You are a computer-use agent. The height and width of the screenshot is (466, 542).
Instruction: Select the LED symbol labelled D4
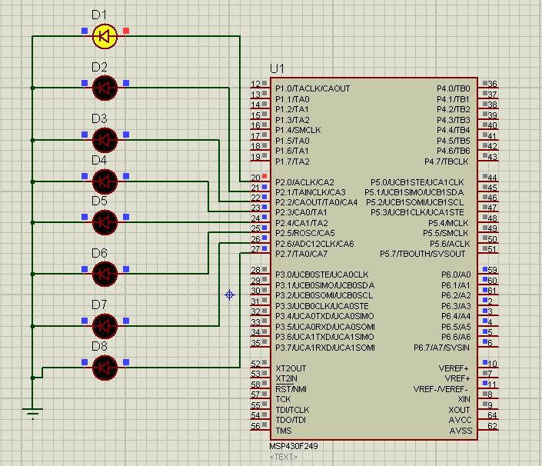tap(105, 181)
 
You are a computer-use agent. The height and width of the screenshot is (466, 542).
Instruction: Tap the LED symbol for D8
tap(105, 368)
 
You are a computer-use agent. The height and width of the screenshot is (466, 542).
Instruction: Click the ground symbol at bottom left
tap(32, 412)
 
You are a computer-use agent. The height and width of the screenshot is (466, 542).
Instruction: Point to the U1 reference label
tap(278, 69)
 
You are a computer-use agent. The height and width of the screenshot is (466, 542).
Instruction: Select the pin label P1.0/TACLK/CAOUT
tap(312, 88)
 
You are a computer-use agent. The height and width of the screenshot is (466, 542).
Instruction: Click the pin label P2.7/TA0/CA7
tap(301, 254)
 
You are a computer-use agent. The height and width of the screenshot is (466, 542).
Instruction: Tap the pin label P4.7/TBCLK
tap(447, 161)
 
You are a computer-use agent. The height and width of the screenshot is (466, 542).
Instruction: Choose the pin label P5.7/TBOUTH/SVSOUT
tap(422, 254)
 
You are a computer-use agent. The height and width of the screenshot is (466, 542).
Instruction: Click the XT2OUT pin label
tap(291, 368)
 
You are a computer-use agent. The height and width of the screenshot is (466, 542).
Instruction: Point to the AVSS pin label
tap(461, 431)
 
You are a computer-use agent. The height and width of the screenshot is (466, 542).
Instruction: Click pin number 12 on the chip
tap(255, 84)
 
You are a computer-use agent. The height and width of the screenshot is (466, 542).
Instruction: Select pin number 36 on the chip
tap(492, 84)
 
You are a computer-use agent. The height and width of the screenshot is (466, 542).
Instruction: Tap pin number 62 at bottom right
tap(492, 426)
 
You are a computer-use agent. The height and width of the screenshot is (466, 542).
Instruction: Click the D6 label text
tap(99, 253)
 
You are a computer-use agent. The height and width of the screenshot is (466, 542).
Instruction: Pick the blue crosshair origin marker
tap(229, 295)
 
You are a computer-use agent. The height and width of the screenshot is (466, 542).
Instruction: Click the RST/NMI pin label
tap(291, 389)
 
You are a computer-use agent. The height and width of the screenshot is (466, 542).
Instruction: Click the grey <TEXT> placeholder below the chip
tap(283, 457)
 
